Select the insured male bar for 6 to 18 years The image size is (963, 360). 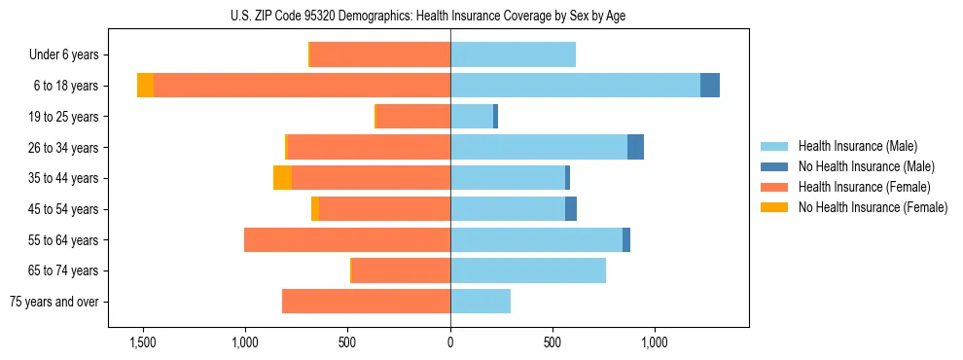click(x=575, y=86)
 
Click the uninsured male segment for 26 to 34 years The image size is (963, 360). click(x=635, y=147)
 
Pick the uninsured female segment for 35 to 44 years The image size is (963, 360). click(x=282, y=178)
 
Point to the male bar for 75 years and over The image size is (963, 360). click(x=481, y=302)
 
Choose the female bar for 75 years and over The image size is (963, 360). click(x=366, y=302)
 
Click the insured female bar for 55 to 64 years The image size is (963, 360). click(x=347, y=239)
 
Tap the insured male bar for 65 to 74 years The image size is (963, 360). click(x=528, y=270)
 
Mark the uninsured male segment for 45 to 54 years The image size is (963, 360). click(x=571, y=209)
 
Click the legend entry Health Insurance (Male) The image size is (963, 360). click(x=857, y=146)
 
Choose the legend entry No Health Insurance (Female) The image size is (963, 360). click(x=873, y=207)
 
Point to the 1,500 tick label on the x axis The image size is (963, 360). click(x=142, y=342)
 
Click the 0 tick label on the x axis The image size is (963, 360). click(x=450, y=342)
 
